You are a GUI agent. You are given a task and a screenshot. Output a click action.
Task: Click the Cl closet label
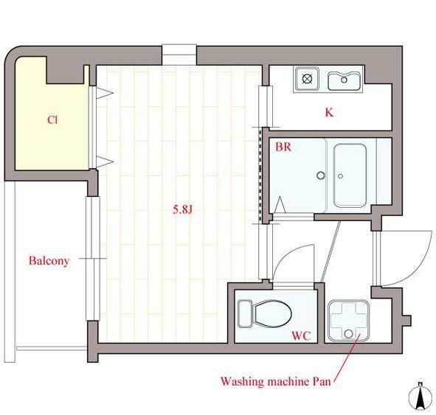click(x=52, y=119)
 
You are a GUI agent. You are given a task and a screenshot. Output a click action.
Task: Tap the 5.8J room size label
click(x=183, y=209)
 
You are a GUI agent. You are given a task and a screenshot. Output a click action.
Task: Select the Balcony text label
click(x=49, y=261)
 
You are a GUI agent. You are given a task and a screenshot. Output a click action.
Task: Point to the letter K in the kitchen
click(x=329, y=113)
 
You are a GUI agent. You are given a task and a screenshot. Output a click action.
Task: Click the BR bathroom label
click(x=283, y=147)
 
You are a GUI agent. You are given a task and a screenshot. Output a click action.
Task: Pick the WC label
click(x=301, y=336)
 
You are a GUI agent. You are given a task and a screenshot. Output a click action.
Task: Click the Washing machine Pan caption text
click(x=276, y=381)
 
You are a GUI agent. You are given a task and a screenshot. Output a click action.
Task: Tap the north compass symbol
click(x=421, y=397)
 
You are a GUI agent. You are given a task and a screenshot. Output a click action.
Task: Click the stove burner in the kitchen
click(x=307, y=79)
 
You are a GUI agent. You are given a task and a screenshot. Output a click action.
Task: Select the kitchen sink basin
click(x=345, y=80)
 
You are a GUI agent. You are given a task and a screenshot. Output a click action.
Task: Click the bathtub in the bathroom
click(x=350, y=175)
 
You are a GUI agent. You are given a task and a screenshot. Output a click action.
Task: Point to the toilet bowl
click(x=273, y=314)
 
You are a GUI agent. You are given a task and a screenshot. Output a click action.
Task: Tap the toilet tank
click(x=245, y=313)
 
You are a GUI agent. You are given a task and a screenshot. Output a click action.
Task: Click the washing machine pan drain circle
click(x=348, y=333)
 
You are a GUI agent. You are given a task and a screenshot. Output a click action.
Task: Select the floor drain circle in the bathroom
click(x=321, y=175)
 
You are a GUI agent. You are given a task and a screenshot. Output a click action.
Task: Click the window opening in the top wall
click(x=179, y=55)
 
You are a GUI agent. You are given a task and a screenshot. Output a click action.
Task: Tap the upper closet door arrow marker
click(x=105, y=93)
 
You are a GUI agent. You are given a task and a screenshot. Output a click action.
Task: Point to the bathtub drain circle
click(x=340, y=176)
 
